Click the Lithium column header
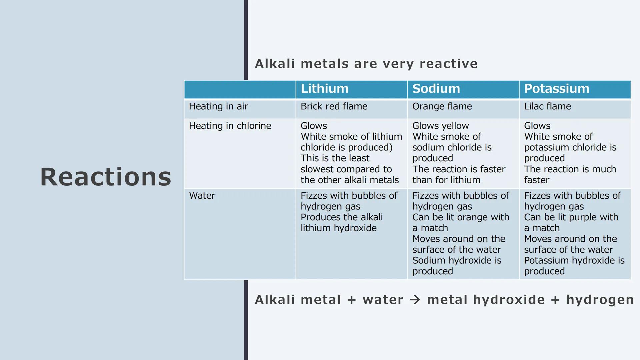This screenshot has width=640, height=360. pos(324,89)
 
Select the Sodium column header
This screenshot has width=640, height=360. pos(436,89)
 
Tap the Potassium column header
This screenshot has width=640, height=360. pos(557,89)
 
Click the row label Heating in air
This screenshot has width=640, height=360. pos(218,106)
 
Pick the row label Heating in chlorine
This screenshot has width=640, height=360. pos(230,126)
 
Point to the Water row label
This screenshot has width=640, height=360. pos(202,195)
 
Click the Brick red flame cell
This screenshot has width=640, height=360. pos(334,106)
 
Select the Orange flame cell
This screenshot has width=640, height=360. pos(442,106)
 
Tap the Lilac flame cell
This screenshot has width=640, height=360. pos(547,106)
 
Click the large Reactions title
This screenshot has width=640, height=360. pos(106,177)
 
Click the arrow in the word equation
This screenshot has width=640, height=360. pos(415,300)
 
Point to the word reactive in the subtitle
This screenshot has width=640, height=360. pos(449,64)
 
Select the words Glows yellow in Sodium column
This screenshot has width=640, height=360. pos(440,126)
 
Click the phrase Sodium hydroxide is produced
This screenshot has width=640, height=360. pos(457,266)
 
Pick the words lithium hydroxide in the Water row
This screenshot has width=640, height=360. pos(339,228)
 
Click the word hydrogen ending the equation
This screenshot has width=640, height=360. pos(600,300)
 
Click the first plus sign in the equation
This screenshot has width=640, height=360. pos(352,300)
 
